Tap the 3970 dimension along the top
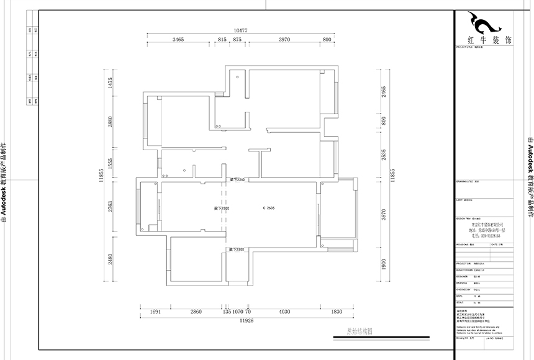tap(284, 40)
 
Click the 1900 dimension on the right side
tap(383, 263)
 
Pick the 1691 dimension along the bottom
tap(155, 312)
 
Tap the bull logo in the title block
tap(485, 24)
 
